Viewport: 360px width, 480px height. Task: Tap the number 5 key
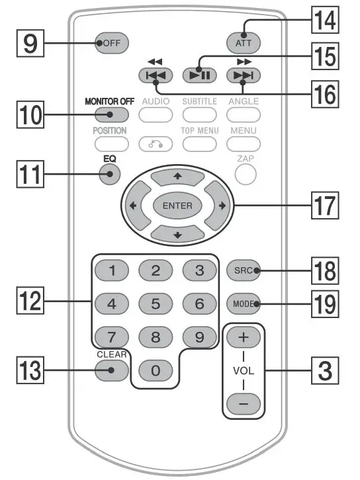pyautogui.click(x=156, y=305)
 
